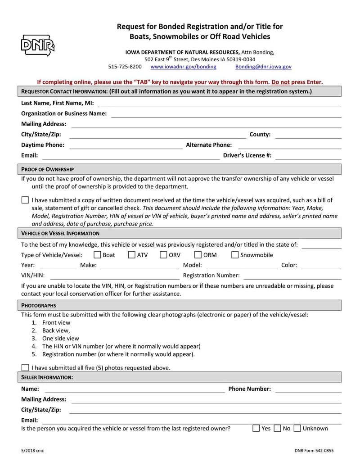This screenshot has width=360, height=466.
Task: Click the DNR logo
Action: click(x=37, y=45)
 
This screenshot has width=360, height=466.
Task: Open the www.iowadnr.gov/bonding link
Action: click(x=183, y=67)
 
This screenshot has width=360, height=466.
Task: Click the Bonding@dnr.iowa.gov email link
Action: click(x=263, y=67)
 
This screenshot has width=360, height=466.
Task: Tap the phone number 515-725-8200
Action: click(x=125, y=67)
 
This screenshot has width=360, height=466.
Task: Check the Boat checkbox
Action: click(x=97, y=255)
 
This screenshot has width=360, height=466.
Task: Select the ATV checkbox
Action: click(x=131, y=255)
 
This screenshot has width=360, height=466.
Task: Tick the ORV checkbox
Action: click(x=163, y=255)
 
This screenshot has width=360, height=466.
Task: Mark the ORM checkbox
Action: click(x=198, y=255)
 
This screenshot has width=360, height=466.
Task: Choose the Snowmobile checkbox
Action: click(x=235, y=255)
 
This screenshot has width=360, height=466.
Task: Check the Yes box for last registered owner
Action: click(x=256, y=429)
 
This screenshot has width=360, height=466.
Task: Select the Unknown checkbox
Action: click(x=297, y=429)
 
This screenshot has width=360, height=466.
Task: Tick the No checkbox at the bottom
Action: click(x=277, y=429)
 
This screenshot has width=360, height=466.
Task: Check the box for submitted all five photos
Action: click(x=25, y=368)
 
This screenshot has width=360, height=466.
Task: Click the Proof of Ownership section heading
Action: click(x=48, y=169)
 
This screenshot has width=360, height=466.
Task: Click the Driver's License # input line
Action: click(x=308, y=156)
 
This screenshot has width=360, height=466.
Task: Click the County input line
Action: click(x=308, y=135)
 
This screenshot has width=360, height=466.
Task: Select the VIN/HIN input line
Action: click(x=114, y=276)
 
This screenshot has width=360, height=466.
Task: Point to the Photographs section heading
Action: click(x=39, y=305)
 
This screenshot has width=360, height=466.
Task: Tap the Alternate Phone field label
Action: click(x=209, y=145)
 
